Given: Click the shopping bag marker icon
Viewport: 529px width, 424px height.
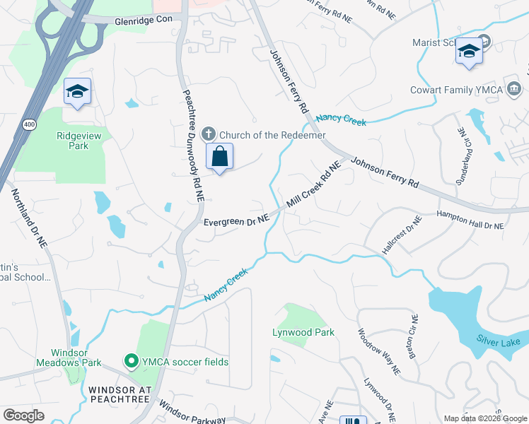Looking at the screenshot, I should point(220,157).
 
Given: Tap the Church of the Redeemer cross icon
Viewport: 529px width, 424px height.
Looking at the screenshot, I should point(209,134).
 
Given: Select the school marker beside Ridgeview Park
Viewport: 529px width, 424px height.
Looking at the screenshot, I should point(77,92).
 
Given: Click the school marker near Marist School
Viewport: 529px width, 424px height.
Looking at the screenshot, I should point(469,52).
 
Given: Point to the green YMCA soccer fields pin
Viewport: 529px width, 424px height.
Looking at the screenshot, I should point(131,362).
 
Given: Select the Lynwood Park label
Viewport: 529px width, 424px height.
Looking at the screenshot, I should point(303,331).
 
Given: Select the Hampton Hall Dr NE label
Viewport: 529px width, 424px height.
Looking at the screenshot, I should point(470,220).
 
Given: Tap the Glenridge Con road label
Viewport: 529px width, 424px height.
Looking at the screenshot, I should point(144,22).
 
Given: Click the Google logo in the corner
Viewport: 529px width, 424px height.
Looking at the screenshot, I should point(24,415).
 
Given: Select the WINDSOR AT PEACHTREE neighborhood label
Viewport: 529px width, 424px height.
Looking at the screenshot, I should point(120,394).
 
